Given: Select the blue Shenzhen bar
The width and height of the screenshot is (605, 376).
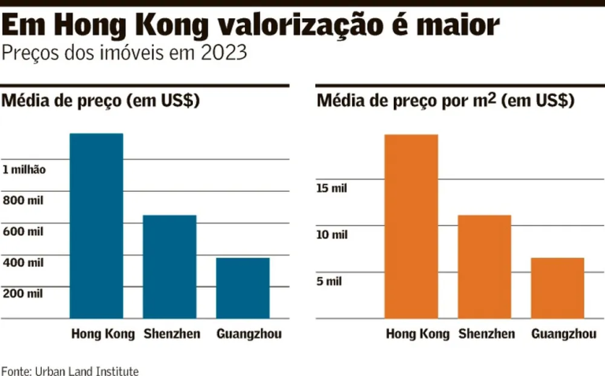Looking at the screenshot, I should [169, 267].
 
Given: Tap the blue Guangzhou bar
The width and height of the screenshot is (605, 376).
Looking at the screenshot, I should [243, 288].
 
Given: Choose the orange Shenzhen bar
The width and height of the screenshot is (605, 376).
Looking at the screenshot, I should [484, 267].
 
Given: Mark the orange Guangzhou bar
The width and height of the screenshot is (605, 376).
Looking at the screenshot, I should [558, 288].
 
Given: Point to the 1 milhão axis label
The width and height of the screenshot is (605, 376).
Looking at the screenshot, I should [24, 170].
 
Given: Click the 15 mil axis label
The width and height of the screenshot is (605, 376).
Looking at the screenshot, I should [332, 188].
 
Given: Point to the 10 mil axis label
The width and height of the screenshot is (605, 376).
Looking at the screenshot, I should [332, 234].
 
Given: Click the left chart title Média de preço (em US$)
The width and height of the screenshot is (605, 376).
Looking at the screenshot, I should [101, 101].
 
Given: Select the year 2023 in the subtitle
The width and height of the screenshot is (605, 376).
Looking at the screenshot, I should [223, 54].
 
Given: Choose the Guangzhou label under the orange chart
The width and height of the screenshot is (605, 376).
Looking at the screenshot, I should [563, 334].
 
